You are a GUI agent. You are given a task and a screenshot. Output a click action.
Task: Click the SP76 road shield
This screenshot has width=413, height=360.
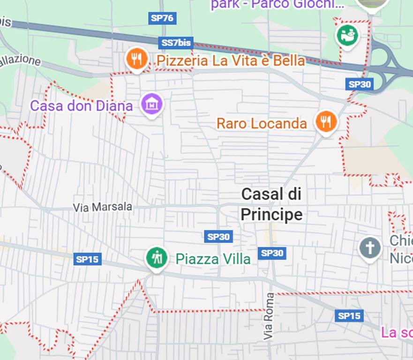pyautogui.click(x=162, y=18)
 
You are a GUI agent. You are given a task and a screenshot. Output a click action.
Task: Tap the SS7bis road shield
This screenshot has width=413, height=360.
pyautogui.click(x=176, y=43)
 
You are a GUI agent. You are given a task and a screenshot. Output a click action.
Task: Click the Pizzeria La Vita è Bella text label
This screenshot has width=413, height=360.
pyautogui.click(x=231, y=61)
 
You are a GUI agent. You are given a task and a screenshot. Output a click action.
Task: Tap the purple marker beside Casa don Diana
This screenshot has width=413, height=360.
pyautogui.click(x=152, y=104)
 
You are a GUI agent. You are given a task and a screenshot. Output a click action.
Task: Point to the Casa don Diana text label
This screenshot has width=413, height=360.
pyautogui.click(x=82, y=105)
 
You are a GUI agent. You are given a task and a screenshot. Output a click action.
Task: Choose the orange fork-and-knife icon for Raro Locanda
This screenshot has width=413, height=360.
pyautogui.click(x=326, y=122)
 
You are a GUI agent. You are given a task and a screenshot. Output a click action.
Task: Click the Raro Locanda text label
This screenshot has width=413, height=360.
pyautogui.click(x=262, y=123)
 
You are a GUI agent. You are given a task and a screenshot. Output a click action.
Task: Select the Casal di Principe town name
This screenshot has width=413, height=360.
pyautogui.click(x=271, y=204)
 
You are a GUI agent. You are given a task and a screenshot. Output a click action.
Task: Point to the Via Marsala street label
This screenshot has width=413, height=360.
pyautogui.click(x=103, y=207)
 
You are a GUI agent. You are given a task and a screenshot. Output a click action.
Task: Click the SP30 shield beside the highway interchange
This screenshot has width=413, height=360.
pyautogui.click(x=359, y=84)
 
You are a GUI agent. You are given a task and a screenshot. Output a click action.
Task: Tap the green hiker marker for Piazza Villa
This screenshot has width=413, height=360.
pyautogui.click(x=156, y=258)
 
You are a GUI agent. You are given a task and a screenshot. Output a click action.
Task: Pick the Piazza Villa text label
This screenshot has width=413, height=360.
pyautogui.click(x=213, y=259)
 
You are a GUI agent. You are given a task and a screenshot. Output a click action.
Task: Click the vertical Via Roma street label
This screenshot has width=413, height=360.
pyautogui.click(x=268, y=316)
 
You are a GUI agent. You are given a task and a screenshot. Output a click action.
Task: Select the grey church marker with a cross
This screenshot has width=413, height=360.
pyautogui.click(x=370, y=248)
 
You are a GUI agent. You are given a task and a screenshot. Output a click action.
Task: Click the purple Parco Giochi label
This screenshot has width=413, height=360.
pyautogui.click(x=277, y=5)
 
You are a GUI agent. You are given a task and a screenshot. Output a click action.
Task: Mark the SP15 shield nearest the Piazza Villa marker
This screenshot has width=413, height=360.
pyautogui.click(x=87, y=259)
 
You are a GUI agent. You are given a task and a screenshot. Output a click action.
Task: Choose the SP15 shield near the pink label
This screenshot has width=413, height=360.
pyautogui.click(x=349, y=315)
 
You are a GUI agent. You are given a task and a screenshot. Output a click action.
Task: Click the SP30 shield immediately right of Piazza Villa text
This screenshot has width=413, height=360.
pyautogui.click(x=272, y=253)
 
